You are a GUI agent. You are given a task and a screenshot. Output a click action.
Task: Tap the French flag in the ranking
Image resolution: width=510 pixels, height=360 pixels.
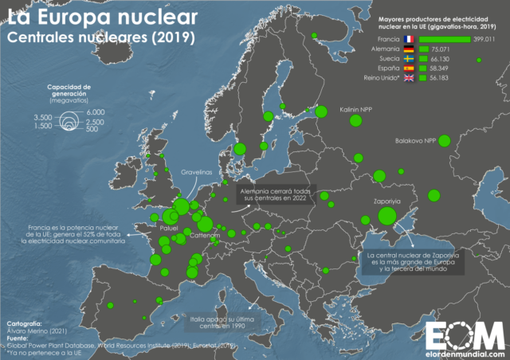coord(408,39)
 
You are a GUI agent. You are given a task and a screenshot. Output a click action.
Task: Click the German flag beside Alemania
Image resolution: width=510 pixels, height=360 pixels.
coord(408,49)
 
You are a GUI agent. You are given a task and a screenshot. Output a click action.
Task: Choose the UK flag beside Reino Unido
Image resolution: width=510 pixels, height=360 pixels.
coord(408,78)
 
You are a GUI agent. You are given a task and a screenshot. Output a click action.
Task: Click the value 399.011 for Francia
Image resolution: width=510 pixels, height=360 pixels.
coord(487,39)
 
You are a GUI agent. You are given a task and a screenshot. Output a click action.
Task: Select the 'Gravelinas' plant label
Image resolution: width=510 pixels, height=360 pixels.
coord(195,171)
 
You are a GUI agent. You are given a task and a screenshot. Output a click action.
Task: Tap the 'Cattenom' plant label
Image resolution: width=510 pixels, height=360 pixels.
coord(205,237)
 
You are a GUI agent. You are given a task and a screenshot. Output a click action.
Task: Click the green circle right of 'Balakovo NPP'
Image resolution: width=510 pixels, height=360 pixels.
coord(444,141)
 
